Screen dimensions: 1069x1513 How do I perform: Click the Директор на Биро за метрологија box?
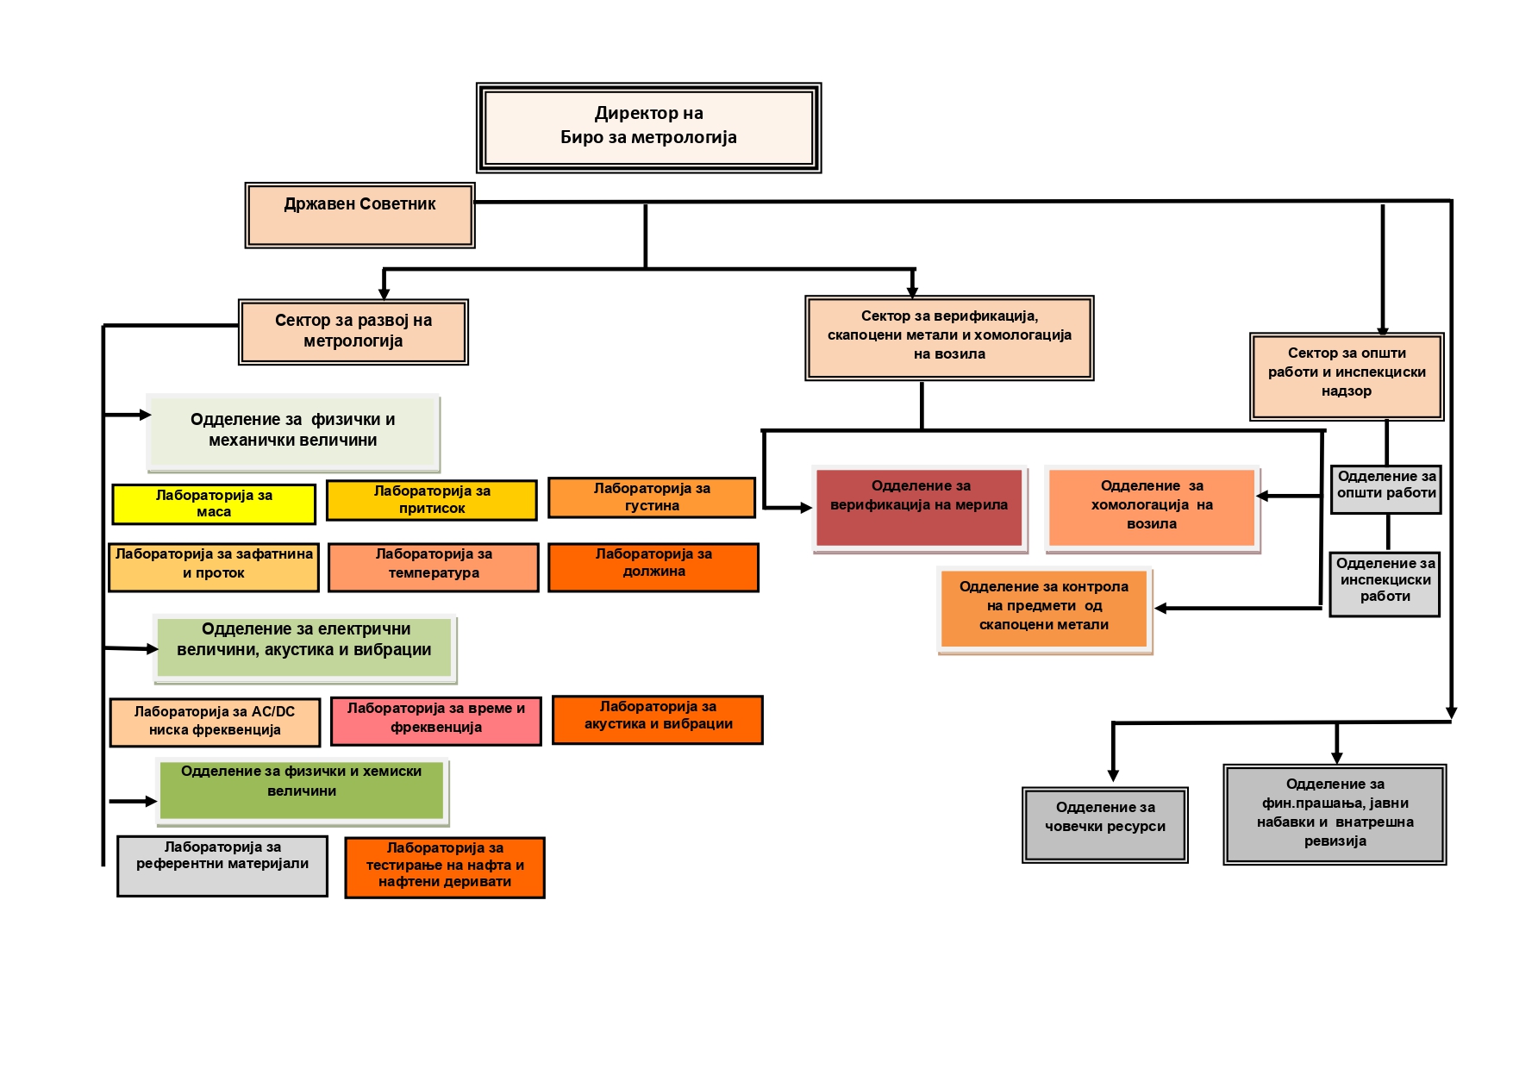(648, 128)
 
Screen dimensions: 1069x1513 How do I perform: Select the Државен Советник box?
(359, 215)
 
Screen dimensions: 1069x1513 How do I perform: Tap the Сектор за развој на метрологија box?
(353, 332)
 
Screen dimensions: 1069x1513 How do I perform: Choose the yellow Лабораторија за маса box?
(214, 503)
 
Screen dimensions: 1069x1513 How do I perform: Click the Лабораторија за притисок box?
(432, 500)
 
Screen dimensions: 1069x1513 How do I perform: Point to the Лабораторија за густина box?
(652, 497)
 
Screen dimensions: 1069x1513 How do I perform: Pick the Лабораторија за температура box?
(434, 566)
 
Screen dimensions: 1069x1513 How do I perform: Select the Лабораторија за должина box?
(653, 566)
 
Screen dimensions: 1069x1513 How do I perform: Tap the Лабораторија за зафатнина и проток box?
(214, 566)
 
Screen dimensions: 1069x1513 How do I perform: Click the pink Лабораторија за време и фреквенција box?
(436, 721)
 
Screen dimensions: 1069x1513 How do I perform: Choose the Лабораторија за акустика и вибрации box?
(658, 719)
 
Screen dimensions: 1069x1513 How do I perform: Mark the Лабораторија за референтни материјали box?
(222, 866)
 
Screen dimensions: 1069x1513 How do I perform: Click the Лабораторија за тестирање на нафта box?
(445, 867)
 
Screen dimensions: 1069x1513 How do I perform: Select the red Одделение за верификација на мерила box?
(919, 508)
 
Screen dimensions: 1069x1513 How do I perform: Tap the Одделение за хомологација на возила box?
(1152, 508)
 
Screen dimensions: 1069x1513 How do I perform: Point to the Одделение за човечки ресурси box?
(1105, 824)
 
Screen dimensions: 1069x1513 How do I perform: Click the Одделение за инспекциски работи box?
(1385, 585)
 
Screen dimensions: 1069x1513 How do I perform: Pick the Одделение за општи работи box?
(1386, 489)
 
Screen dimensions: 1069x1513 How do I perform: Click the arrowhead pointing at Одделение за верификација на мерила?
(806, 508)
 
